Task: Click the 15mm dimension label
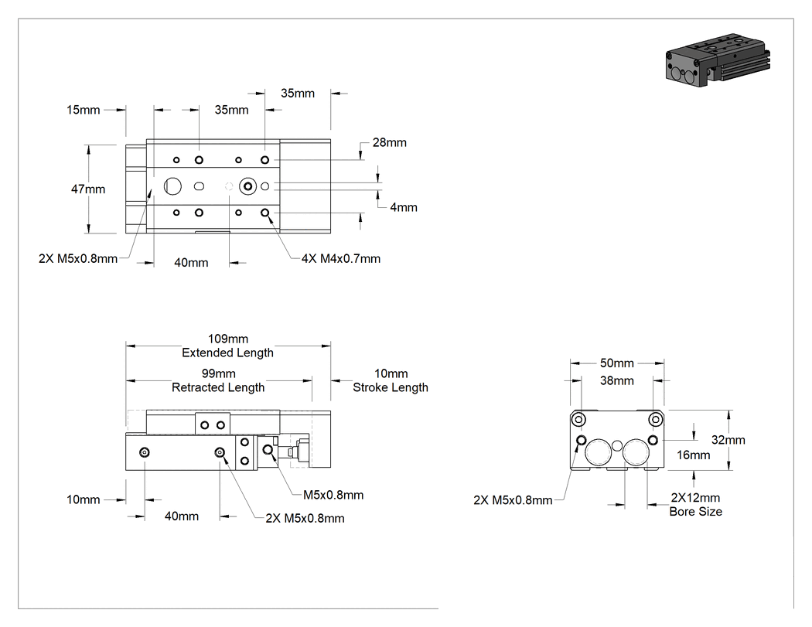click(83, 110)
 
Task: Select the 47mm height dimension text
click(88, 189)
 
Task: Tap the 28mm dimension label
click(390, 142)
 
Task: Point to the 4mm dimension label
click(404, 207)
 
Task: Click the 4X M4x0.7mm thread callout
click(341, 258)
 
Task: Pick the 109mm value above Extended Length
click(228, 339)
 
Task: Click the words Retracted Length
click(218, 387)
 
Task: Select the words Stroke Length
click(391, 387)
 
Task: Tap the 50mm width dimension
click(617, 363)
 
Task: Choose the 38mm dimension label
click(617, 380)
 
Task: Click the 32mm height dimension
click(728, 440)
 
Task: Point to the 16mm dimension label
click(694, 455)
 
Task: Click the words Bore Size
click(695, 512)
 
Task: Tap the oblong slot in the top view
click(199, 186)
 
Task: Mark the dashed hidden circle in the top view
click(229, 186)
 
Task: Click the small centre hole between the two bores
click(617, 445)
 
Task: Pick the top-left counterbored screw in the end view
click(578, 419)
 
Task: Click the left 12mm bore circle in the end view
click(598, 452)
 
